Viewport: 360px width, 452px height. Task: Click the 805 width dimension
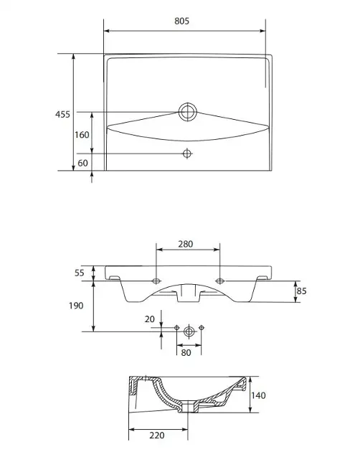[x=182, y=21]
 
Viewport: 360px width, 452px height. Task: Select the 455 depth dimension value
[x=62, y=115]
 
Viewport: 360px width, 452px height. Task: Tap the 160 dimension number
[x=82, y=135]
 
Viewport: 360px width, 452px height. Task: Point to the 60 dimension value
[x=82, y=163]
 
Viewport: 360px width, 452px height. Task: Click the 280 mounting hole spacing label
[x=185, y=244]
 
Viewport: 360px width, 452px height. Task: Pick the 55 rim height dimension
[x=80, y=273]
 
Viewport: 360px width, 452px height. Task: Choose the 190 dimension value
[x=76, y=306]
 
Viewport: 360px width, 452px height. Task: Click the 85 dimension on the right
[x=301, y=291]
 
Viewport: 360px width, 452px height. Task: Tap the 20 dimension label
[x=150, y=319]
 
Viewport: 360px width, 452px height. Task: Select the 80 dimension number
[x=186, y=352]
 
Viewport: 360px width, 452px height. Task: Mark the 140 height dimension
[x=258, y=395]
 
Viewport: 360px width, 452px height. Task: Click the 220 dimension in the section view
[x=157, y=435]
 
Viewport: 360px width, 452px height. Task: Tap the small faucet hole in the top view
[x=187, y=154]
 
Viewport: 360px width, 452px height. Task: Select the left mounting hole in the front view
[x=156, y=281]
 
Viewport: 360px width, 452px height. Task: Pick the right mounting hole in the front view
[x=220, y=281]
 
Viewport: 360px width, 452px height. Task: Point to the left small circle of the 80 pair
[x=177, y=327]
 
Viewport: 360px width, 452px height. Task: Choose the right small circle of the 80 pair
[x=202, y=327]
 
